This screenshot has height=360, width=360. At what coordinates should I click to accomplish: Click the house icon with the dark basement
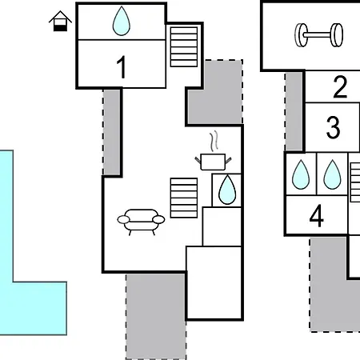(60, 21)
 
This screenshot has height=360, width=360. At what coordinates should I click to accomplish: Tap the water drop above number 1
(122, 21)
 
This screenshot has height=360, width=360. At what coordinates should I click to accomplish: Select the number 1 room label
(122, 67)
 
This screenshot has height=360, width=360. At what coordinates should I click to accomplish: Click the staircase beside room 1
(184, 46)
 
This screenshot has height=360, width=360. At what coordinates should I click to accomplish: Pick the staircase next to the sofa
(184, 198)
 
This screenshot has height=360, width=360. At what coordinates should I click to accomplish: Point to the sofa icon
(141, 222)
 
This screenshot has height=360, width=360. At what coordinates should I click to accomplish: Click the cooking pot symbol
(213, 162)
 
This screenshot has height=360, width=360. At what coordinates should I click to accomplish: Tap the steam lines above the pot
(214, 142)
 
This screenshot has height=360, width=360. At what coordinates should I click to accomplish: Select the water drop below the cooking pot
(227, 190)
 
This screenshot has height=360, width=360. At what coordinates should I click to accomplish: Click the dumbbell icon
(319, 35)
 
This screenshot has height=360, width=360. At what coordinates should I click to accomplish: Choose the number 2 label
(340, 86)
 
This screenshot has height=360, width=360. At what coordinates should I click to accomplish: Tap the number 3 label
(333, 127)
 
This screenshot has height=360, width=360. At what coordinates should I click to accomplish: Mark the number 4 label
(317, 216)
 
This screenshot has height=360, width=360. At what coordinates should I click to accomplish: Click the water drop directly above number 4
(301, 174)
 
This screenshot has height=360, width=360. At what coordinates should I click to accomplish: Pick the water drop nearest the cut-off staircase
(332, 174)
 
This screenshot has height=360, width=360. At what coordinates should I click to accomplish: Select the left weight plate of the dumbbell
(302, 35)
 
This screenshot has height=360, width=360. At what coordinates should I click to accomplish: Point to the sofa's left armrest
(123, 219)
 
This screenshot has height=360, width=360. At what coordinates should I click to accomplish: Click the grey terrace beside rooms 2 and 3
(294, 111)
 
